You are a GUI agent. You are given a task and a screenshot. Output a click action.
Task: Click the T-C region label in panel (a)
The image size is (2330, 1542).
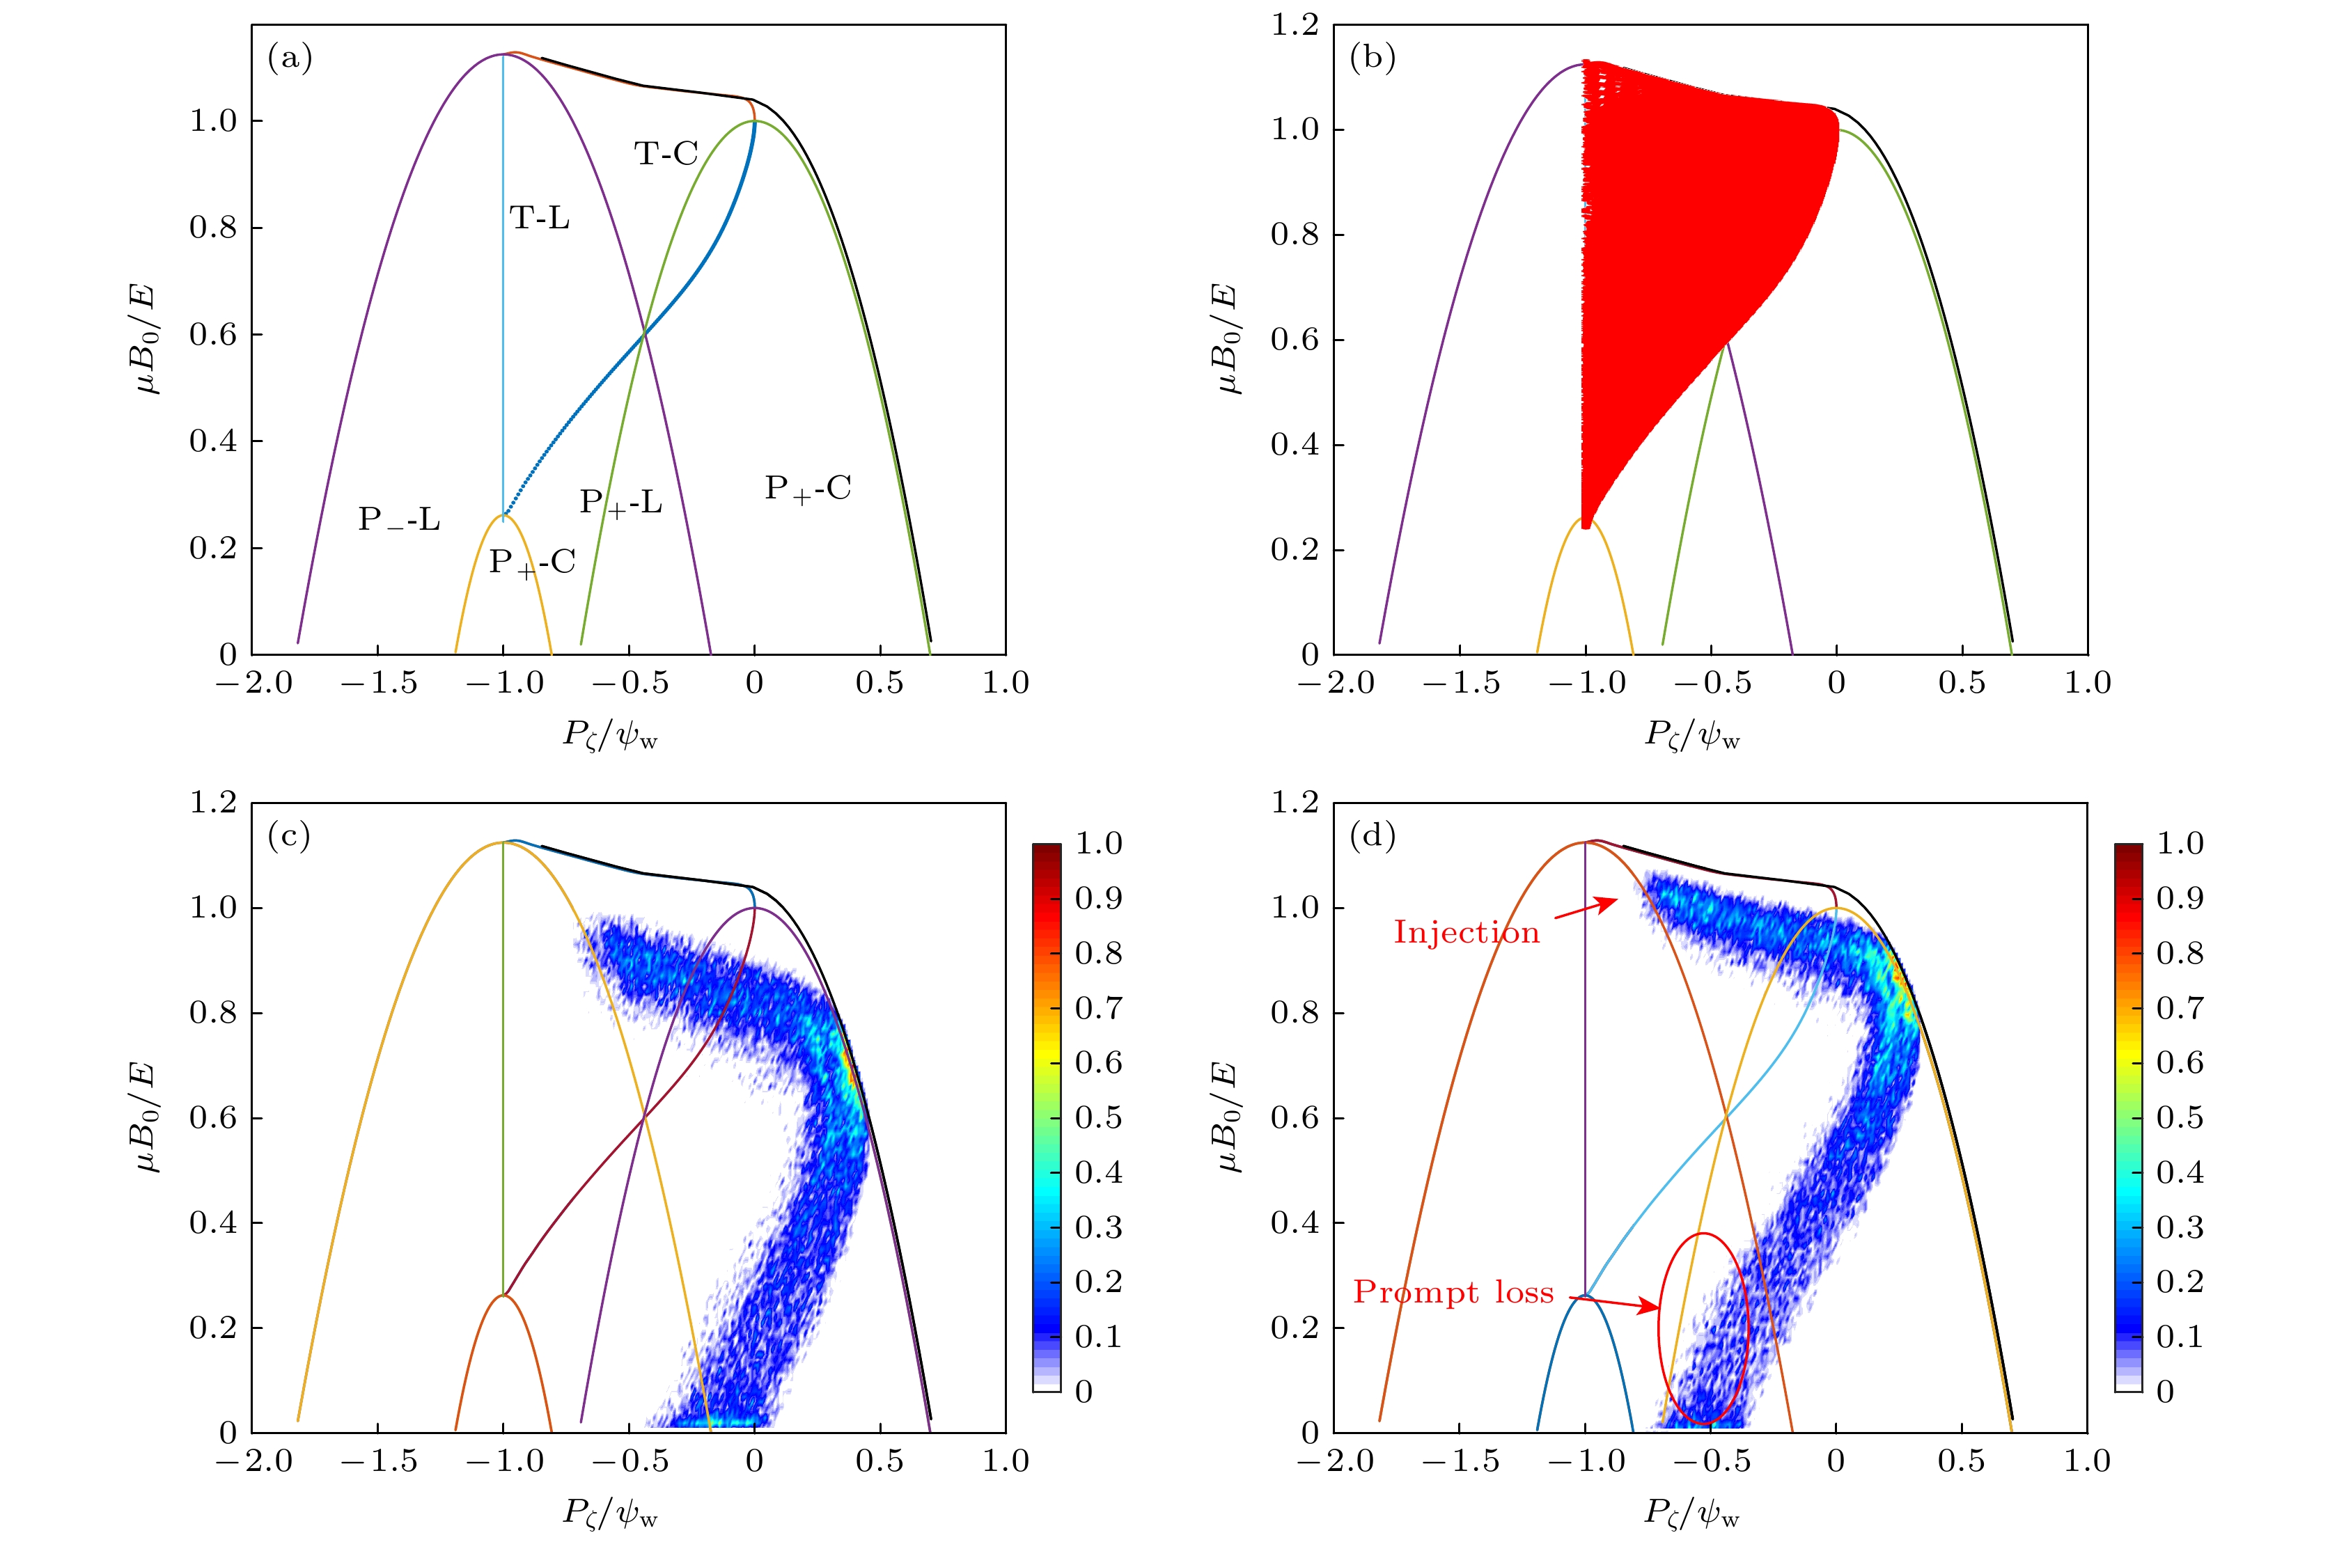click(666, 153)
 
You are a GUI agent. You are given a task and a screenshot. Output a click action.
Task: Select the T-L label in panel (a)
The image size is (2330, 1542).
click(539, 217)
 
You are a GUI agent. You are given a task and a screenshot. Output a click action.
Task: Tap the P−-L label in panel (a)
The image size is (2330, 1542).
click(398, 519)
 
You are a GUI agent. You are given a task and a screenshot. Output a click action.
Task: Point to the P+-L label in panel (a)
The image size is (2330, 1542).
click(620, 503)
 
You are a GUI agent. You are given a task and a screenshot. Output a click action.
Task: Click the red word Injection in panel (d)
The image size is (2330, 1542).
click(1465, 932)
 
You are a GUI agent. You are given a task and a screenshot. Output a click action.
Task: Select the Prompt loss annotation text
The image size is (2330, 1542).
click(1453, 1292)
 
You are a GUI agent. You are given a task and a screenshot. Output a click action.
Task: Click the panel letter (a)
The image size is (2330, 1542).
click(289, 59)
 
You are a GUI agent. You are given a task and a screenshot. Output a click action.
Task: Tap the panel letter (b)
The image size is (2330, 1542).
click(1372, 59)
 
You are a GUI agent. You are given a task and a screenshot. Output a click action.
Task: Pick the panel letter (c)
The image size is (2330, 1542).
click(289, 836)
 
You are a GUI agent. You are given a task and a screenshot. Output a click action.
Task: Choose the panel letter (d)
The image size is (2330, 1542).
click(1372, 836)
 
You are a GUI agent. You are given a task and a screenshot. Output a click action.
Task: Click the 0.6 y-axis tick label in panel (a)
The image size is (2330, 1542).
click(213, 334)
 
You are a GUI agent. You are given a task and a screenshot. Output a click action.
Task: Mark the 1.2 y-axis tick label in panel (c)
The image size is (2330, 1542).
click(213, 803)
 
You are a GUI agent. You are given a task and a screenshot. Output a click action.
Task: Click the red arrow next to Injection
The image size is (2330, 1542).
click(1586, 908)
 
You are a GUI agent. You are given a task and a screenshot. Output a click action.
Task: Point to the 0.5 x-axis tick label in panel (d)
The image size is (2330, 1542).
click(1961, 1461)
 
